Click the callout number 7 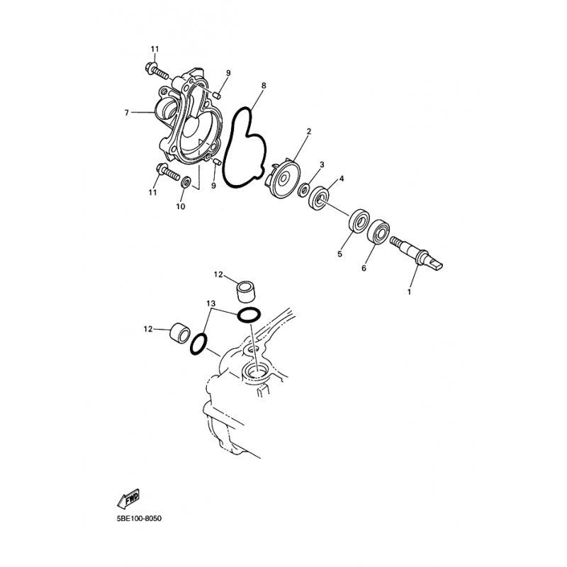click(127, 113)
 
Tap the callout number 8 click(264, 86)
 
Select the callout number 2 click(309, 131)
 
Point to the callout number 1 click(410, 292)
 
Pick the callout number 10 click(181, 206)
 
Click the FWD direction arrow click(128, 499)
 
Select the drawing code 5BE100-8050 click(139, 519)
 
